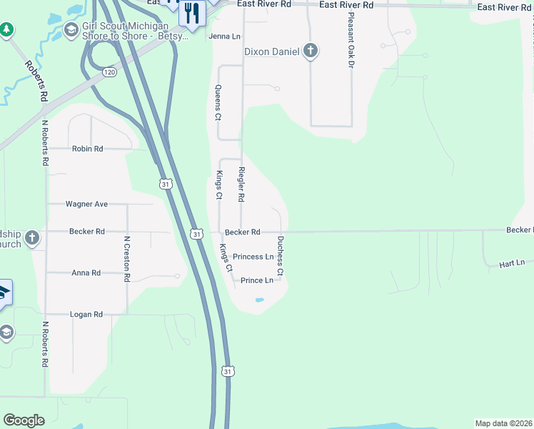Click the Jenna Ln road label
[x=223, y=36]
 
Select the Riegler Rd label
[x=241, y=184]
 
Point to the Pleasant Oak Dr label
[x=351, y=50]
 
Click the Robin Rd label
[x=87, y=149]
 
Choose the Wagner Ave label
[x=86, y=204]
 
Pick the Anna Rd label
[x=86, y=272]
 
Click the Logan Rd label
[x=86, y=314]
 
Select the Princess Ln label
[x=253, y=257]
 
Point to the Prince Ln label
[x=257, y=280]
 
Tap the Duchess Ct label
[x=281, y=256]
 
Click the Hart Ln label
[x=512, y=263]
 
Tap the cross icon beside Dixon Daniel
[x=310, y=51]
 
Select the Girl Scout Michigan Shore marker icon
[x=71, y=29]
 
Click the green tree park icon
[x=6, y=29]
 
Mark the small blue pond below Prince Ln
[x=258, y=300]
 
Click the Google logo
[x=24, y=420]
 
